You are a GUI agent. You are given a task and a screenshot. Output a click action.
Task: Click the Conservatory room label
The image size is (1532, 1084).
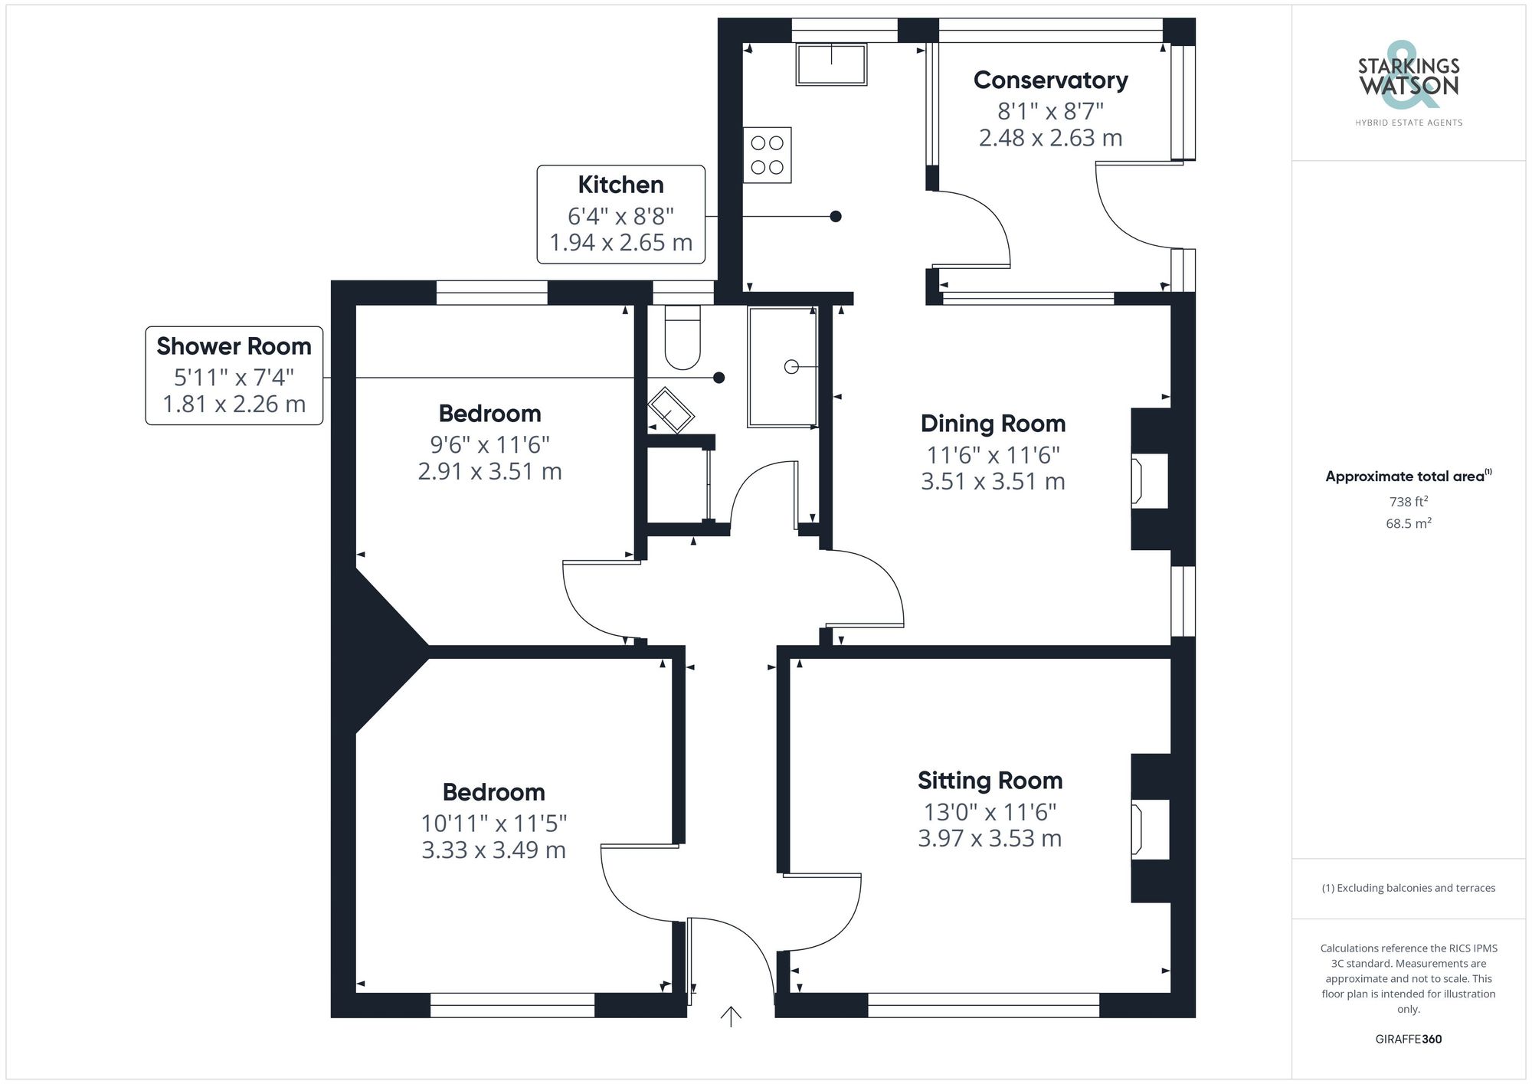1050,80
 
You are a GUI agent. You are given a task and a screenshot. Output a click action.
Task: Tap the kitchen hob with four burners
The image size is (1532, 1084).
767,155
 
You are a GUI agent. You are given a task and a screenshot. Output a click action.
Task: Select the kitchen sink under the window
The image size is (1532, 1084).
831,64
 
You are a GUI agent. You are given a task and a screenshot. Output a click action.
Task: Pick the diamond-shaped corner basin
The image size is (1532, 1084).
671,410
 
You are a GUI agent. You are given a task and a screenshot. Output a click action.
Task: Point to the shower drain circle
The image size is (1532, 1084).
791,367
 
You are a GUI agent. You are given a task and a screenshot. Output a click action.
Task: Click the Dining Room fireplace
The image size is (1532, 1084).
1149,480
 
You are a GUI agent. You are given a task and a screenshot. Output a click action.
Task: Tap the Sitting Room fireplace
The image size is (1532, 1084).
1149,828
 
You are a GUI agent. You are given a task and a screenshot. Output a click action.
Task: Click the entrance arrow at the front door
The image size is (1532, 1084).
731,1016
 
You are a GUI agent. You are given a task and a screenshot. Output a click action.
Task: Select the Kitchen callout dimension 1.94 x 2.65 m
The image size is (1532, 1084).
620,243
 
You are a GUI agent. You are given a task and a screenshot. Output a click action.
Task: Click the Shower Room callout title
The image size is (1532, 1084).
234,346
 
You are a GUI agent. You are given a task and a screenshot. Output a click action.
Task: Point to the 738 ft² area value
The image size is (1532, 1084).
1408,502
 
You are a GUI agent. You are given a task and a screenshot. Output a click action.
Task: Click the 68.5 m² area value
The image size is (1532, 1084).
1408,524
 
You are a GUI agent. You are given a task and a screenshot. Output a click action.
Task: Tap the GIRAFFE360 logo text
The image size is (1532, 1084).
1408,1039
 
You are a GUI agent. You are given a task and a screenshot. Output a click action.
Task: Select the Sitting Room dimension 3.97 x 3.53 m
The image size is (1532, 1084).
990,839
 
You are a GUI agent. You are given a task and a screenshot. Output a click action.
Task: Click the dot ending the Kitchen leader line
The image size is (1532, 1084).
836,217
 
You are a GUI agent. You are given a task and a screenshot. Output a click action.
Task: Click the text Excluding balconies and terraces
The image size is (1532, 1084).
1408,888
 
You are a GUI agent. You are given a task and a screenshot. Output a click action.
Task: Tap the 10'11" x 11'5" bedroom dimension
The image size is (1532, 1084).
493,824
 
